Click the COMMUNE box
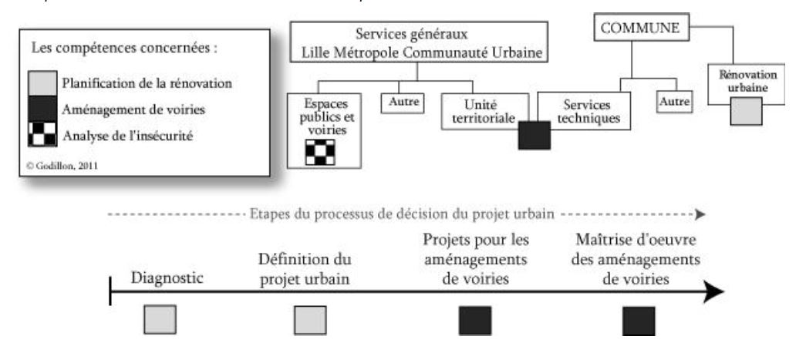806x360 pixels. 639,29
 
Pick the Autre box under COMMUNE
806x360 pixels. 675,101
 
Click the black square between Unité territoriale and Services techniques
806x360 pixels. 534,136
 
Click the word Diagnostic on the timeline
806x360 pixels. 167,278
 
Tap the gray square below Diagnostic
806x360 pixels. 160,319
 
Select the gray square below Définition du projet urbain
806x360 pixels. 310,320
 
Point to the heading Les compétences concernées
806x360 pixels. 124,48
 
